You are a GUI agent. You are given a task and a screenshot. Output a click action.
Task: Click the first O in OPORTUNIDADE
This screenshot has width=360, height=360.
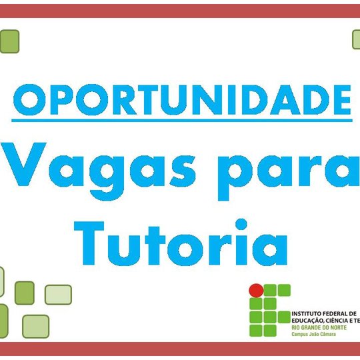pos(31,100)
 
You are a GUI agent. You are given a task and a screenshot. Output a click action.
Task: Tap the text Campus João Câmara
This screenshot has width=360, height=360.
pos(314,335)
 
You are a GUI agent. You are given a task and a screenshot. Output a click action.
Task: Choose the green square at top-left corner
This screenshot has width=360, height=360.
pos(9,41)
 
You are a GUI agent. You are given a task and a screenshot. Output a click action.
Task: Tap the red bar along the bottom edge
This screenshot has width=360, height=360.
pos(180,350)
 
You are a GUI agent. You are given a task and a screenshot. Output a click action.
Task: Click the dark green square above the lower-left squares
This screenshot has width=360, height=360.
pos(25,292)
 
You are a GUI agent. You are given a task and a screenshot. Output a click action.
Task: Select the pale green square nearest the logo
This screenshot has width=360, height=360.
pos(58,293)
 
